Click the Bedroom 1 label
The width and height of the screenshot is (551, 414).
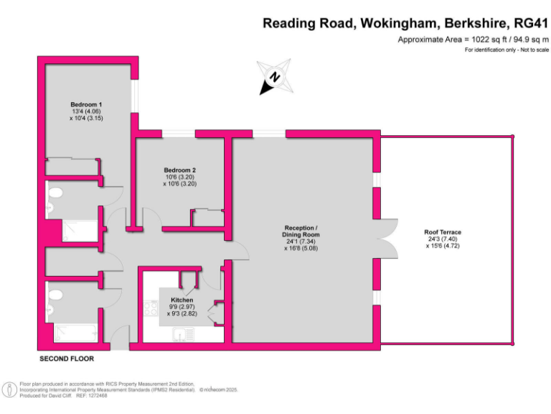coord(85,104)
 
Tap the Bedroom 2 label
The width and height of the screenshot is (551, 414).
coord(179,170)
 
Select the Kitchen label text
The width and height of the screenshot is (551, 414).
coord(182,299)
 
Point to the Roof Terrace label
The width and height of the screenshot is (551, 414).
coord(443,232)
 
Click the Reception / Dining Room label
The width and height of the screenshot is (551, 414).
coord(301,231)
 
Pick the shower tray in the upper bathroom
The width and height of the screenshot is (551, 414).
coord(78,230)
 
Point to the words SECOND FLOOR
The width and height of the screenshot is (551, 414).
coord(66,358)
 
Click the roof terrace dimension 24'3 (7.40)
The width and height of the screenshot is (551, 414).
coord(443,240)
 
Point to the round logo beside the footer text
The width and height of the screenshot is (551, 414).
coord(10,389)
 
